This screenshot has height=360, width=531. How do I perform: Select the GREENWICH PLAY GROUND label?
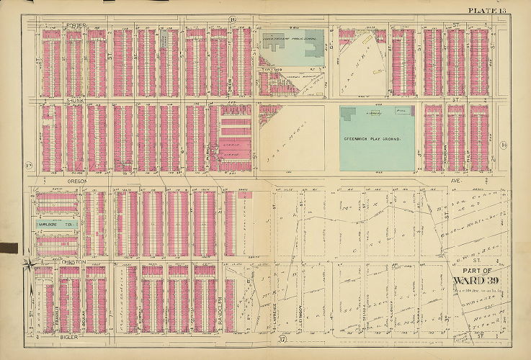click(x=375, y=138)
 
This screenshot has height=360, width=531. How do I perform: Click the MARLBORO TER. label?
click(x=58, y=225)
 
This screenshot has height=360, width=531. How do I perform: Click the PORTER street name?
click(x=76, y=26)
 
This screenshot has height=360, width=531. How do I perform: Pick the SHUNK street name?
click(x=76, y=102)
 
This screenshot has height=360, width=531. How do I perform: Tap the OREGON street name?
click(x=76, y=181)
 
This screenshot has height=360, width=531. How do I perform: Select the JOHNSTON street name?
click(x=73, y=261)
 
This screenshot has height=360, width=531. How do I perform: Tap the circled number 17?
click(x=283, y=339)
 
